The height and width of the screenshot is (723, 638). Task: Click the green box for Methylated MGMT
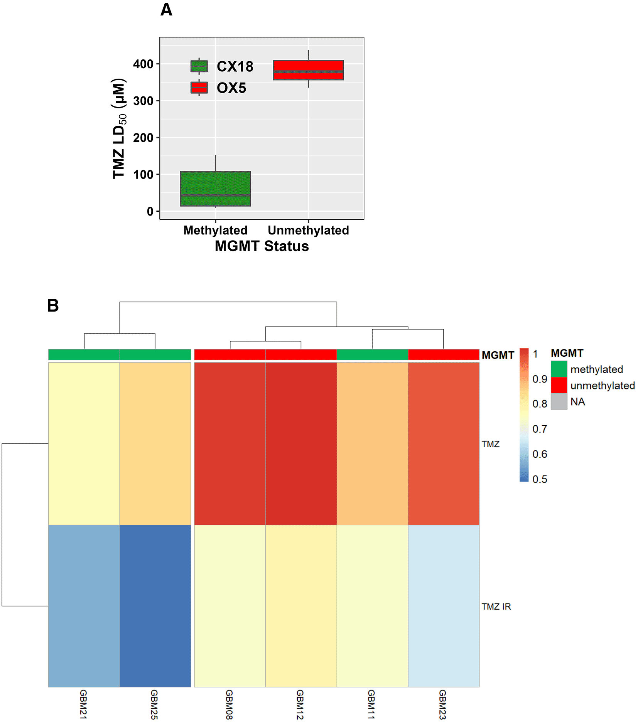[x=215, y=189]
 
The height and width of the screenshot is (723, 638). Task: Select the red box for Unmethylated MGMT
[x=308, y=70]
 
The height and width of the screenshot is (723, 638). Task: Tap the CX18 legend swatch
[x=199, y=66]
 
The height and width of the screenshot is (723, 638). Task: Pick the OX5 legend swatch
[x=199, y=88]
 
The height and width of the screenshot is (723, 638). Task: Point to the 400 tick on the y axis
[x=143, y=64]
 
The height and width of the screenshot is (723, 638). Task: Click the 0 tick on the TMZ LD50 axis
[x=150, y=211]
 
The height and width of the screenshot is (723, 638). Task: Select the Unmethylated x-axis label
[x=308, y=230]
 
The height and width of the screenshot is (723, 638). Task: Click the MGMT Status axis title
[x=262, y=246]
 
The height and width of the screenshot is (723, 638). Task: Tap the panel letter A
[x=166, y=10]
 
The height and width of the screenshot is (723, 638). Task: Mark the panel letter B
[x=53, y=305]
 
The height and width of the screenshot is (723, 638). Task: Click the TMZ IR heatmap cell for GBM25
[x=155, y=606]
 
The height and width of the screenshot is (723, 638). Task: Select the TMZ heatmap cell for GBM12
[x=301, y=443]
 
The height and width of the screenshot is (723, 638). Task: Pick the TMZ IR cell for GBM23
[x=444, y=606]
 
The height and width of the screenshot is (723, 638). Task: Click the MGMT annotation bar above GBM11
[x=372, y=354]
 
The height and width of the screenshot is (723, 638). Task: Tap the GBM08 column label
[x=229, y=704]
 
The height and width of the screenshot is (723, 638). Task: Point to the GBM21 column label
[x=83, y=704]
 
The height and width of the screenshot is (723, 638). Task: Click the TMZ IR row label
[x=496, y=607]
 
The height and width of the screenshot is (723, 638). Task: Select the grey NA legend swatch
[x=559, y=401]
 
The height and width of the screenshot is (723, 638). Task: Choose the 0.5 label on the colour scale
[x=540, y=479]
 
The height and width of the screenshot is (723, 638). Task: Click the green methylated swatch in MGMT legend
[x=559, y=369]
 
